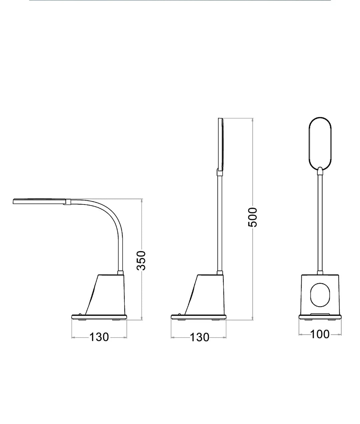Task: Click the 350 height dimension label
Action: coord(141,260)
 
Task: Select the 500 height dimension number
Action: coord(253,217)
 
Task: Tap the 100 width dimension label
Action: coord(320,334)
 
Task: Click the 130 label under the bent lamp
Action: coord(99,337)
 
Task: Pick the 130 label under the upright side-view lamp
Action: coord(199,337)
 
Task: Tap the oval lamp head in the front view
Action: coord(320,143)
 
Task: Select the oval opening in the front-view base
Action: coord(320,295)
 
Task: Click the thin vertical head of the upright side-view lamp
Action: coord(220,143)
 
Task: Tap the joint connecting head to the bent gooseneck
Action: coord(68,201)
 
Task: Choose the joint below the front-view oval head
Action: coord(320,171)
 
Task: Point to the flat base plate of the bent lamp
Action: coord(99,317)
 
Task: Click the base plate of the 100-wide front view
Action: coord(320,317)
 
